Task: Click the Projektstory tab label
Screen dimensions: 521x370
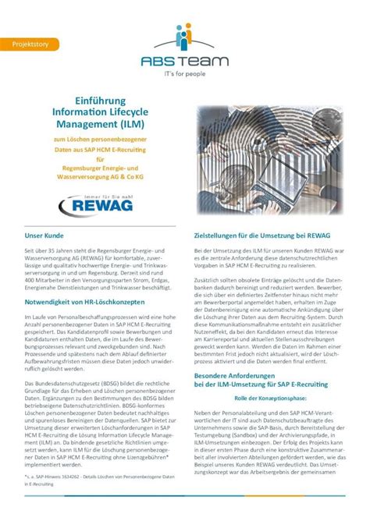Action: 30,44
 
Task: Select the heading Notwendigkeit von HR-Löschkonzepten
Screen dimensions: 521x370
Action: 89,300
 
